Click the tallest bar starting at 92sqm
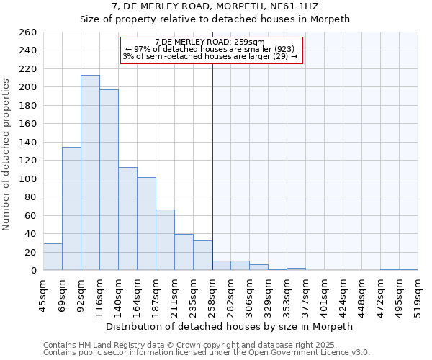pyautogui.click(x=90, y=173)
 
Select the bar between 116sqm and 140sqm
pyautogui.click(x=109, y=180)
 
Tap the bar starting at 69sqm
pyautogui.click(x=71, y=209)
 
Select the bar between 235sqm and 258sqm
pyautogui.click(x=202, y=256)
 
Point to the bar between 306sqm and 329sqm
pyautogui.click(x=259, y=268)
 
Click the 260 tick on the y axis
pyautogui.click(x=28, y=32)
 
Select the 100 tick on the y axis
pyautogui.click(x=28, y=179)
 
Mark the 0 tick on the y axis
pyautogui.click(x=33, y=271)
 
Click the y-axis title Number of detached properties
pyautogui.click(x=7, y=151)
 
